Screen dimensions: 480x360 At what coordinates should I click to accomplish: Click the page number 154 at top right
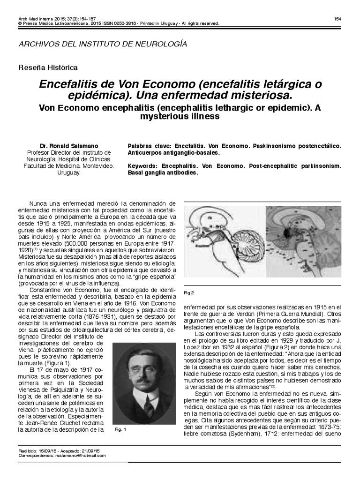337,18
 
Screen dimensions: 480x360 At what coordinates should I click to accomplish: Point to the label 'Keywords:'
143,166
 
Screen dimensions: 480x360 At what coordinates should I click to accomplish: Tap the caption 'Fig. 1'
120,429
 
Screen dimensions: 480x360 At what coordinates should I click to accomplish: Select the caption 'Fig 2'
188,293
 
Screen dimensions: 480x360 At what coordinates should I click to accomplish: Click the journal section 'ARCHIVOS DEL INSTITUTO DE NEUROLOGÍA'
102,44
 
